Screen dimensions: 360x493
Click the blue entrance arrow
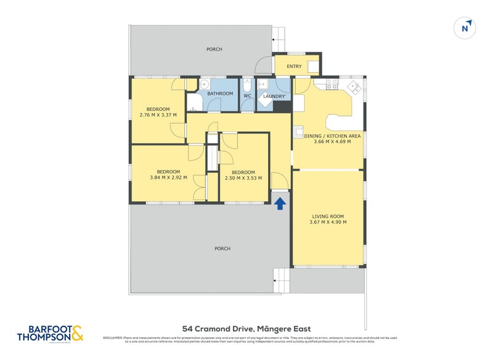click(x=280, y=203)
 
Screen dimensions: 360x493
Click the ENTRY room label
click(x=294, y=67)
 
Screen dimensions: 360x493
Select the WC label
click(x=247, y=96)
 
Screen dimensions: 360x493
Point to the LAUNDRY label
click(x=274, y=96)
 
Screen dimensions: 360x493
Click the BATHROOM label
click(x=220, y=94)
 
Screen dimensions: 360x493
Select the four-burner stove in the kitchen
click(x=332, y=83)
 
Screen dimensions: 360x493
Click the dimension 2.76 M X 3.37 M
click(x=158, y=115)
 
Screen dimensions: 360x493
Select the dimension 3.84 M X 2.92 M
click(x=168, y=178)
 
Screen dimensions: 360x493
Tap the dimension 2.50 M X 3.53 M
click(x=243, y=178)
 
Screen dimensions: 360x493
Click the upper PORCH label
click(x=214, y=49)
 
